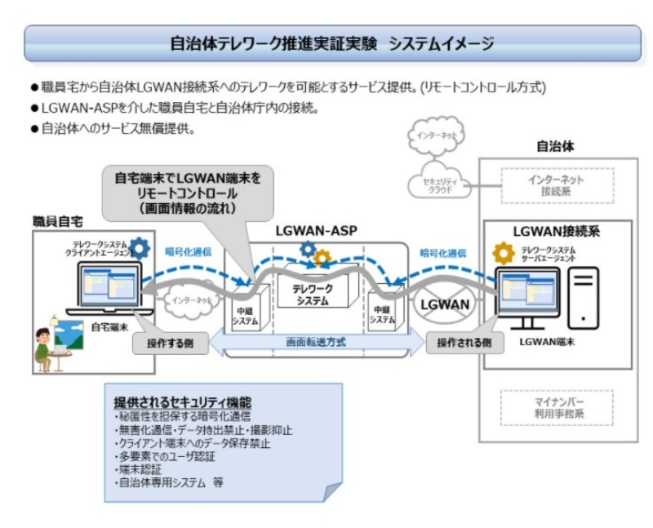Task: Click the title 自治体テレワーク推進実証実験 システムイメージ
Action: [331, 43]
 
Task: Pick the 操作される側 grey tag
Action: [464, 343]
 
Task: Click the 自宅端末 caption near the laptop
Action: [106, 326]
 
